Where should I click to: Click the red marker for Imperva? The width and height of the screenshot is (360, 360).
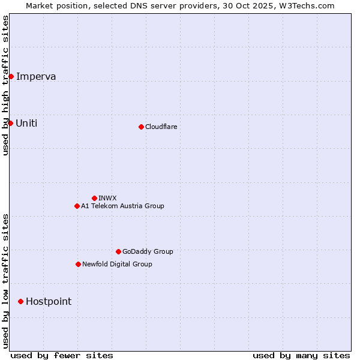click(11, 76)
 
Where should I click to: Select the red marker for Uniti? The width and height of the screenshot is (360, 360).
click(10, 123)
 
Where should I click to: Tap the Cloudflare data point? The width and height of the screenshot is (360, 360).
click(141, 127)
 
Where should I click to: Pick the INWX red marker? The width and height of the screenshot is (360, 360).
click(94, 198)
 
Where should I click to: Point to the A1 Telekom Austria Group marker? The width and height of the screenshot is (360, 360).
click(77, 206)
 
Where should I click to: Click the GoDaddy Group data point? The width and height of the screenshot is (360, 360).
click(118, 251)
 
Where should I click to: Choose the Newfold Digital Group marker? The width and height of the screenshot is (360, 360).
click(78, 264)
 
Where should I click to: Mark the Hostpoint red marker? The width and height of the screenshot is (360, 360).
click(20, 301)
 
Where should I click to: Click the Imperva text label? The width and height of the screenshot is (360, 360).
click(36, 76)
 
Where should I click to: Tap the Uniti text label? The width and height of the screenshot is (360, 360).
click(26, 123)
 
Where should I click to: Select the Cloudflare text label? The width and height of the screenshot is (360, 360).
click(161, 127)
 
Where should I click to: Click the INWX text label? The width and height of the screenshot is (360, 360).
click(107, 198)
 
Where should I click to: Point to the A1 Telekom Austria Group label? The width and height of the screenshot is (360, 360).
click(122, 206)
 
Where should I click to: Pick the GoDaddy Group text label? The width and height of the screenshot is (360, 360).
click(148, 251)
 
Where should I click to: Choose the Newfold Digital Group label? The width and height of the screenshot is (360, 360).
click(117, 264)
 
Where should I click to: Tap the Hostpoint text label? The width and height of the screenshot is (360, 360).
click(49, 301)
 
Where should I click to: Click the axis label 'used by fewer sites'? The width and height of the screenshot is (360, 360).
click(62, 355)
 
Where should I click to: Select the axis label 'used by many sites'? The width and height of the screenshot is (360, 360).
click(301, 355)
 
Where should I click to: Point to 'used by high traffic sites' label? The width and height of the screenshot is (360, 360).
click(5, 85)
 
